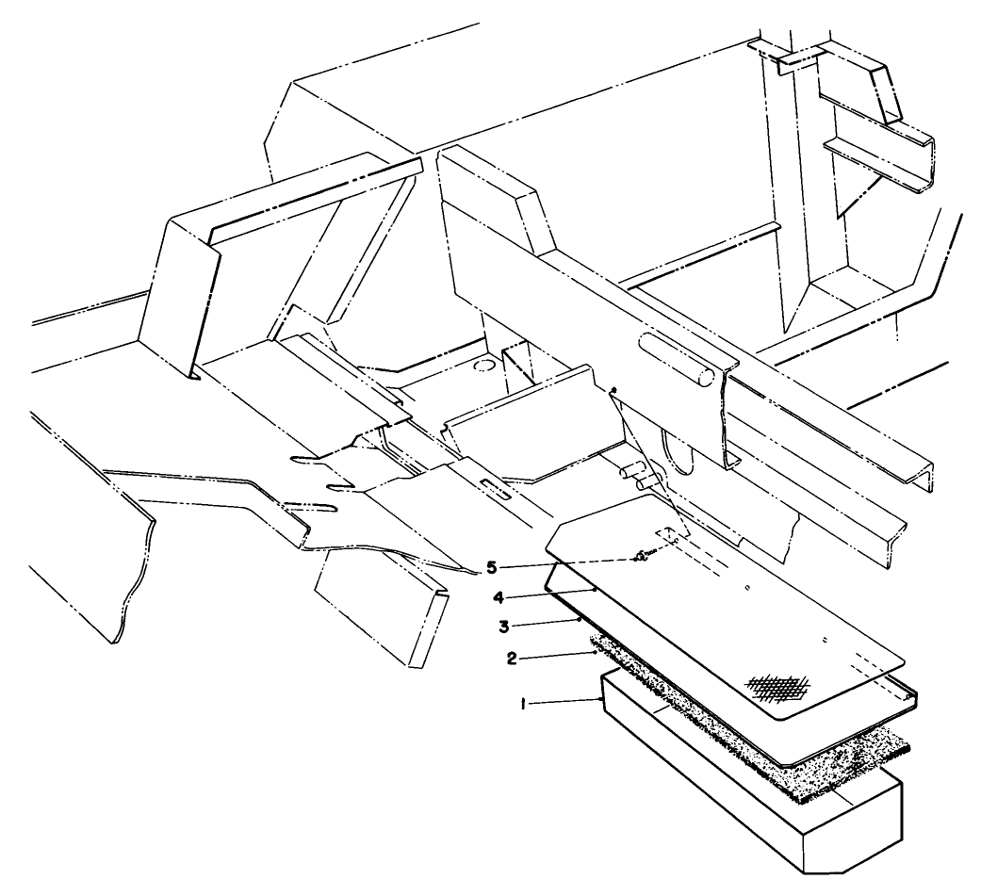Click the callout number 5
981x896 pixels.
click(494, 568)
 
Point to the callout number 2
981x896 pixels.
click(512, 659)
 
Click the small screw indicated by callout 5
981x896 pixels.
click(641, 557)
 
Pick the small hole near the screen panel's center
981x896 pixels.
click(747, 591)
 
